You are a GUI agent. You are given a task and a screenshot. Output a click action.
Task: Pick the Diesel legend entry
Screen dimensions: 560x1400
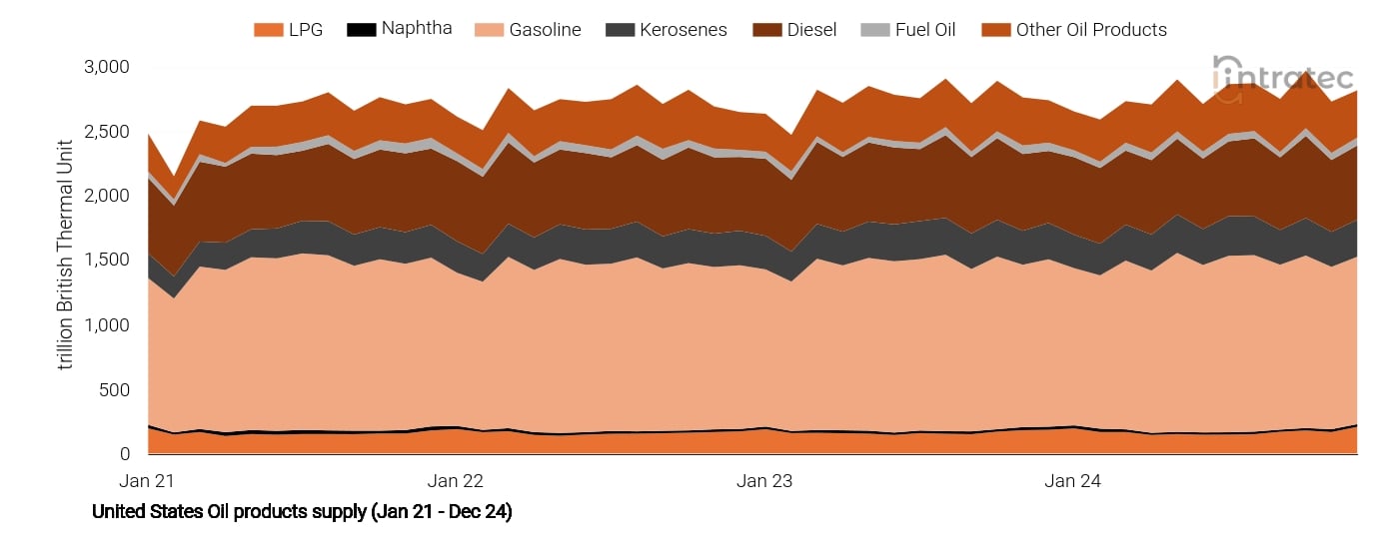coord(794,30)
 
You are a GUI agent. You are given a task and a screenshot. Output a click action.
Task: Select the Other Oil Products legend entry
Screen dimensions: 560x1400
coord(1074,30)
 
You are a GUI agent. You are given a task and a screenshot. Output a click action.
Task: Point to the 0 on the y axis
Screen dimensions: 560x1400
coord(125,454)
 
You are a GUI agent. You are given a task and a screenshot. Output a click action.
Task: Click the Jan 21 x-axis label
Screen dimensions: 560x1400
coord(147,481)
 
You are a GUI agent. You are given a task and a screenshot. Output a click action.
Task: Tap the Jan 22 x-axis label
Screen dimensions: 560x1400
coord(456,481)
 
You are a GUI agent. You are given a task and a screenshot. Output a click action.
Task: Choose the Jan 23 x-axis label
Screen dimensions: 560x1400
coord(764,481)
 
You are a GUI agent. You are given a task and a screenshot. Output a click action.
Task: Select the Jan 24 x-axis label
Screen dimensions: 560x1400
coord(1072,481)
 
